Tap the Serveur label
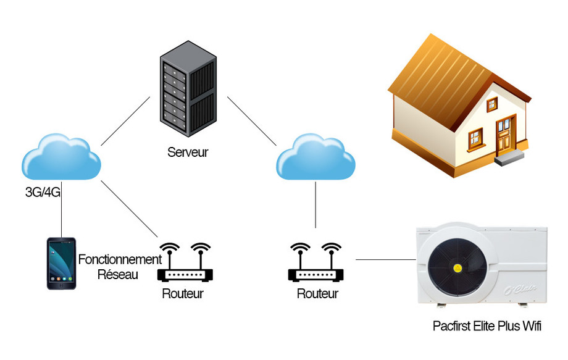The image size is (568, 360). [188, 152]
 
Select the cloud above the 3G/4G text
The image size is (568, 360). [62, 159]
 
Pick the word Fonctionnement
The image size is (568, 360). [120, 260]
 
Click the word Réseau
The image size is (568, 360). [118, 274]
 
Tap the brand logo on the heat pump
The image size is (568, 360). [521, 288]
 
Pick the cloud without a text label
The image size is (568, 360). [315, 159]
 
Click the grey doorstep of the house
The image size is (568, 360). [509, 157]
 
